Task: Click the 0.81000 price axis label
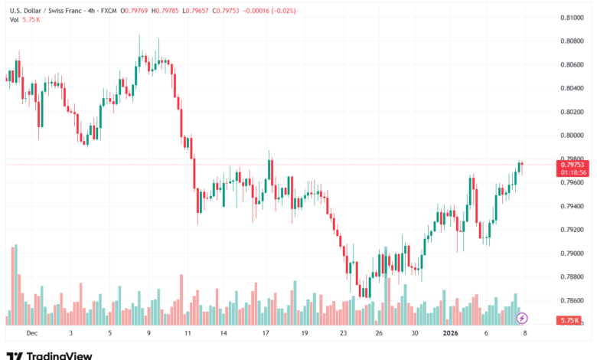coord(572,17)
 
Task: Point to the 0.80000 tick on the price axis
coord(572,135)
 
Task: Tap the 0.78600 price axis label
coord(572,301)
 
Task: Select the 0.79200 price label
coord(572,230)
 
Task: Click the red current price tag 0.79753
coord(573,165)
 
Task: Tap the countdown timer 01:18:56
coord(573,172)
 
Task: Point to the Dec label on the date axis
coord(31,333)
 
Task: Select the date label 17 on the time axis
coord(266,333)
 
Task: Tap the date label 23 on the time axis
coord(344,333)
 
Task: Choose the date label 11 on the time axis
coord(188,333)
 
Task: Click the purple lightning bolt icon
coord(522,317)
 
